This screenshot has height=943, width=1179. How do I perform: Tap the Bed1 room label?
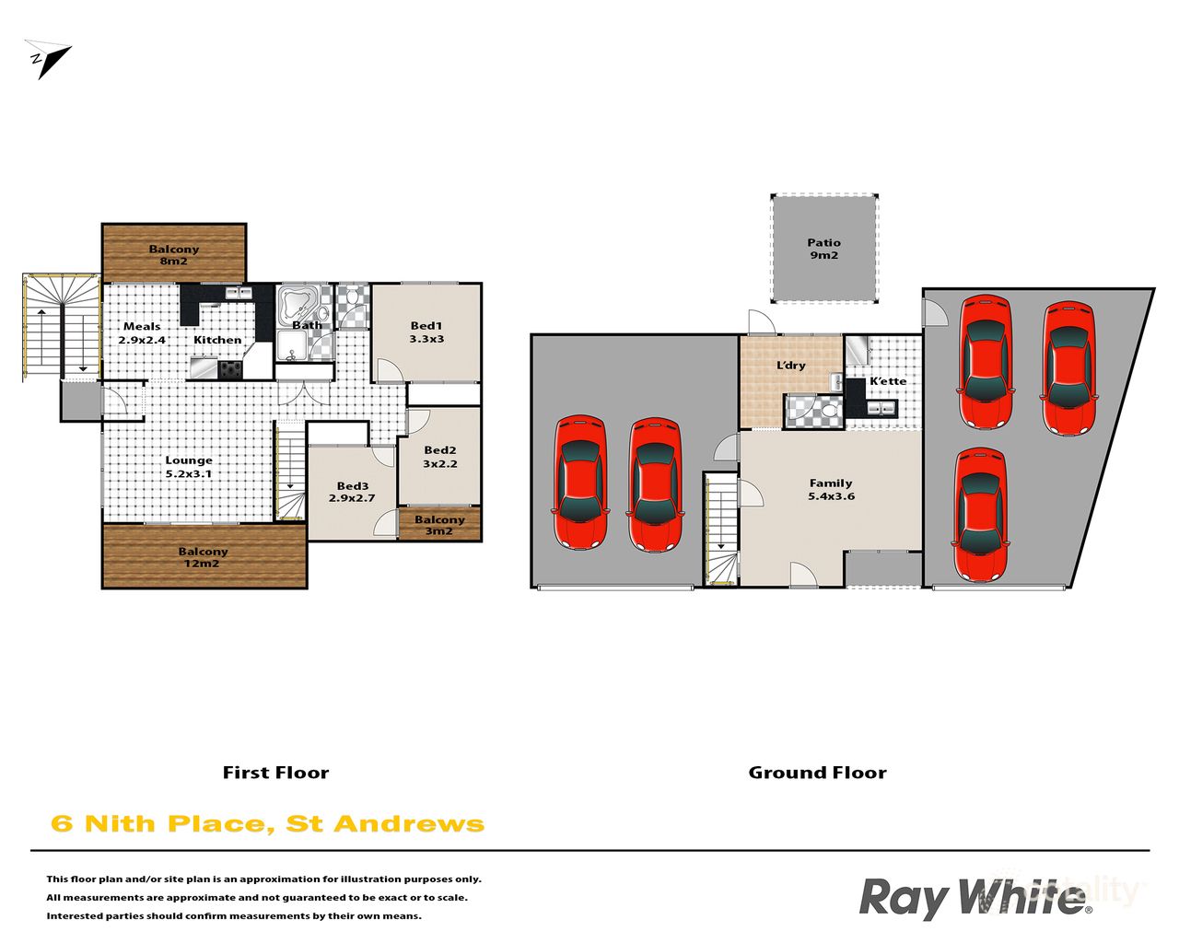(426, 332)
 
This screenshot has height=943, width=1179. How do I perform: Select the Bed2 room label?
(439, 457)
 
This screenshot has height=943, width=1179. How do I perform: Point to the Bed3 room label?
(352, 492)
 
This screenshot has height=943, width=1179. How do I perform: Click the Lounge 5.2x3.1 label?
(189, 467)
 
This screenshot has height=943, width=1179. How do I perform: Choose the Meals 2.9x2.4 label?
(142, 332)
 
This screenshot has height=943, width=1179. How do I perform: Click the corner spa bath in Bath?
(298, 304)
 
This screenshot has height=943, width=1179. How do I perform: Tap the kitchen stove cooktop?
(229, 369)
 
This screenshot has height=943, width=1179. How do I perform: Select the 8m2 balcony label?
(173, 255)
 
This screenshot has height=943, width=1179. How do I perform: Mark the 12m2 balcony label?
(203, 557)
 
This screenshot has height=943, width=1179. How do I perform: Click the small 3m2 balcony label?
(439, 525)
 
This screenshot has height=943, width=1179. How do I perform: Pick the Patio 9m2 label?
(823, 249)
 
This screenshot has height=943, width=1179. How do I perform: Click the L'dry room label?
(790, 365)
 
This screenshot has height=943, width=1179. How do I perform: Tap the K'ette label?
(888, 380)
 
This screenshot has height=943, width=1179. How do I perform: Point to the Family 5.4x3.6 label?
(830, 489)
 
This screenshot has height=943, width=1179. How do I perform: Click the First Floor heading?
(275, 773)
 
